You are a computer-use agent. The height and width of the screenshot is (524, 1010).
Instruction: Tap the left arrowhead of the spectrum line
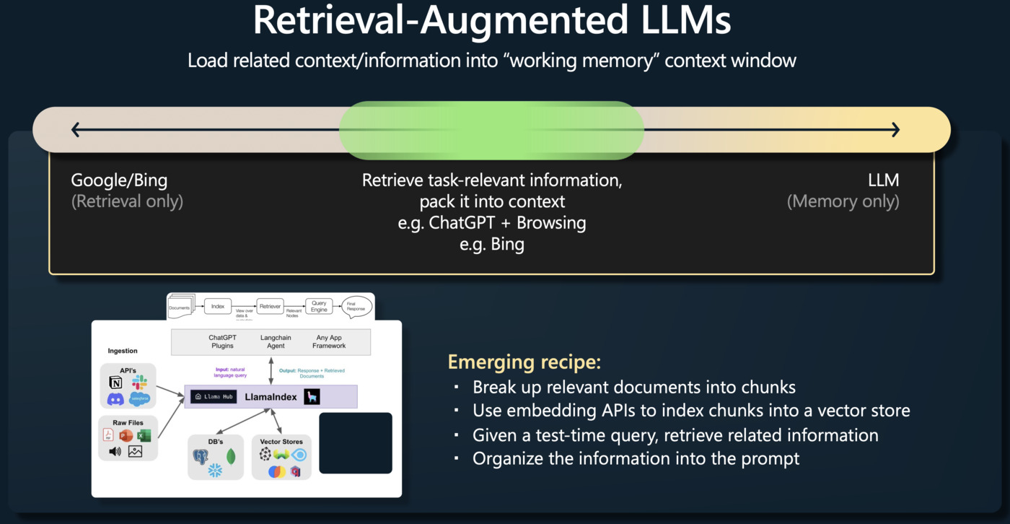75,130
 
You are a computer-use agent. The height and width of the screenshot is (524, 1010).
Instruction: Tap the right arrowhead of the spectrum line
895,130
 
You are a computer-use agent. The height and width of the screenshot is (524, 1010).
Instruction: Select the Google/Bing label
119,180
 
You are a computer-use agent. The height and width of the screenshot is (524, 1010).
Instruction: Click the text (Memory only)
843,201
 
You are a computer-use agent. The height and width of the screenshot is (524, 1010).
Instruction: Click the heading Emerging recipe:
524,362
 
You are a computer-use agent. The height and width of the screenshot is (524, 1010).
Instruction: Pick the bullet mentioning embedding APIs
690,411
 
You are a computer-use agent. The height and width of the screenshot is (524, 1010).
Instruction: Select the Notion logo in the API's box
115,383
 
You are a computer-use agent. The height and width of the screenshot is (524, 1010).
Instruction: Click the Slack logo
139,383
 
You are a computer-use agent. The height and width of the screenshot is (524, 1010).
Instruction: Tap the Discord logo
115,398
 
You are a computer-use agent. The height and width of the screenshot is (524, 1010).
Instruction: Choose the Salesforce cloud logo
139,398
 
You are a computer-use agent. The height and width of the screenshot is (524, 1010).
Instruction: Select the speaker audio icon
115,452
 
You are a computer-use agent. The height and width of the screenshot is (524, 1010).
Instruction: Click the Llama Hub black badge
214,397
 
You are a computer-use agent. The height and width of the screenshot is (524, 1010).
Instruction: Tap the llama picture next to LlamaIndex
311,397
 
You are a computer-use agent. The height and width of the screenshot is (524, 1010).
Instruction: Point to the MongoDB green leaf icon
231,456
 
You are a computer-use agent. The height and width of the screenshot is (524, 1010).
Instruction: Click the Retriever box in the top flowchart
270,306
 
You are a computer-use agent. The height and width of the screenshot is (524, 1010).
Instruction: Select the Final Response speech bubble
356,307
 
